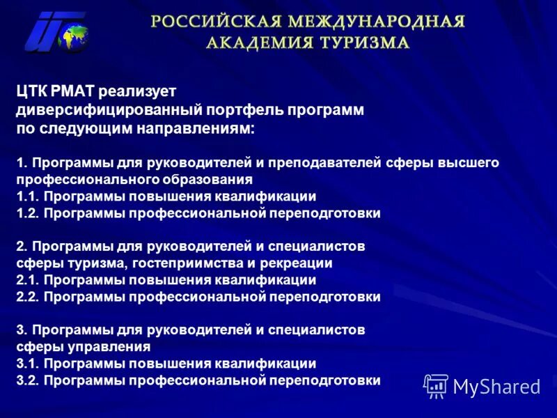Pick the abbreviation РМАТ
73,91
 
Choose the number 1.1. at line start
27,196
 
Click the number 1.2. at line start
27,213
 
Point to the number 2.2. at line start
27,297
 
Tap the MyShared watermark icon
436,385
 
